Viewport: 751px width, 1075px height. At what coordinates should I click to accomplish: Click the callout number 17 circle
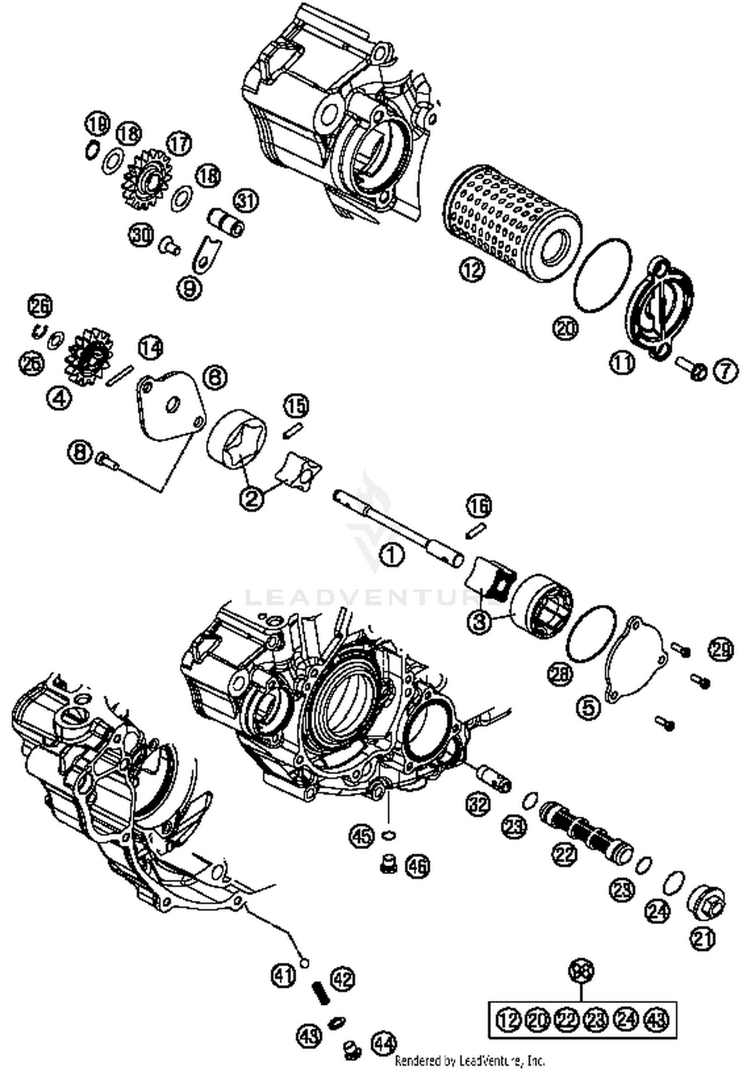tap(179, 144)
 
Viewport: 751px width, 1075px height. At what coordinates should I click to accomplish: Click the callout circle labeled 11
tap(622, 362)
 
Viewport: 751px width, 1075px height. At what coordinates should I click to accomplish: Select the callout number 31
tap(246, 201)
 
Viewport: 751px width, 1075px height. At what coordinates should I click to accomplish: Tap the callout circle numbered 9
tap(190, 289)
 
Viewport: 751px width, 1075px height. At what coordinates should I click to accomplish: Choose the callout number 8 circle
tap(81, 454)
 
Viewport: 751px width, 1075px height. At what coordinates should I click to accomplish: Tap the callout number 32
tap(478, 804)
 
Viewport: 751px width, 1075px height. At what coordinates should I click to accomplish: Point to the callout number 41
tap(283, 974)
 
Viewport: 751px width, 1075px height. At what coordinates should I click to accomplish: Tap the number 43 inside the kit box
tap(656, 1019)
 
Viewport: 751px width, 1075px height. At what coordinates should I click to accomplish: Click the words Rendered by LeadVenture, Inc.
tap(470, 1060)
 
